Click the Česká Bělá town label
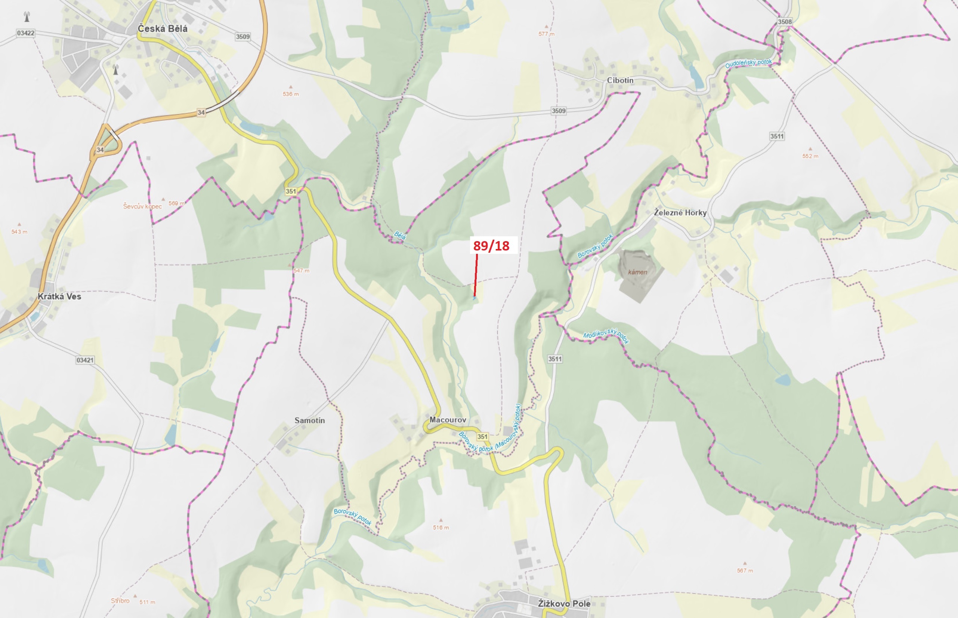(x=163, y=29)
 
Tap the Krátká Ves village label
(x=59, y=296)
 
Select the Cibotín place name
(x=620, y=80)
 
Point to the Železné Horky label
(x=680, y=213)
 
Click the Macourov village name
(x=448, y=420)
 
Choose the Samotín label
(x=310, y=421)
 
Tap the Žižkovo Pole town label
(x=564, y=603)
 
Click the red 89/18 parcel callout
(x=491, y=246)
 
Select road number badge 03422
(x=26, y=33)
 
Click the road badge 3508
(x=785, y=22)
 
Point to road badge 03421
(x=85, y=360)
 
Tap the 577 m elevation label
(x=546, y=34)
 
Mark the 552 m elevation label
(x=810, y=156)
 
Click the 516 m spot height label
(x=441, y=528)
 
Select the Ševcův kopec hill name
(x=142, y=206)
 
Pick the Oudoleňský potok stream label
(x=748, y=64)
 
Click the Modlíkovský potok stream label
(x=606, y=335)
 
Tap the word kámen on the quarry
(x=637, y=272)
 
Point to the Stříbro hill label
(x=120, y=601)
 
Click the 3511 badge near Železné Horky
(x=777, y=136)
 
